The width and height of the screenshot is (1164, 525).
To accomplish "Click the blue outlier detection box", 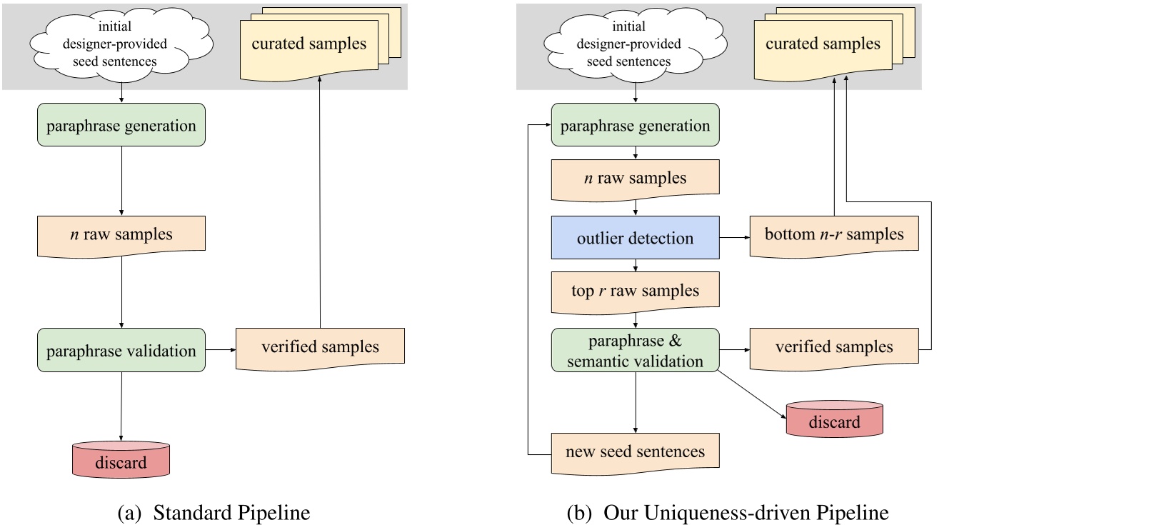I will pos(635,238).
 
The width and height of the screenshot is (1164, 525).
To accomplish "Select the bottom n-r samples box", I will pos(833,235).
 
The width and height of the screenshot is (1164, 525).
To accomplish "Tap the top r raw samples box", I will pos(635,291).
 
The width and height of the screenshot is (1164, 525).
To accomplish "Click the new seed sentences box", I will pos(635,451).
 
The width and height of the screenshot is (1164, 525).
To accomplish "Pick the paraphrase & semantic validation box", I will pos(635,351).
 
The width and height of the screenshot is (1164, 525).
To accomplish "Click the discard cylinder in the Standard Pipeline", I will pos(121,461).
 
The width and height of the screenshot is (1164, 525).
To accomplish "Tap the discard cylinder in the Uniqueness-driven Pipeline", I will pos(834,420).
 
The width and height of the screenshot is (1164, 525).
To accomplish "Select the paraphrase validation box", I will pos(121,351).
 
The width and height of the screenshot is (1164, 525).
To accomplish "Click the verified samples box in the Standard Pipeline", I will pos(320,347).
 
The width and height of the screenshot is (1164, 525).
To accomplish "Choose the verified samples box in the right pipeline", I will pos(833,347).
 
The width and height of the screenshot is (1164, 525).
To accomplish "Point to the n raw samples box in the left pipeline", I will pos(121,234).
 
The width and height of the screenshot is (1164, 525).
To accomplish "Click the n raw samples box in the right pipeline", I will pos(635,178).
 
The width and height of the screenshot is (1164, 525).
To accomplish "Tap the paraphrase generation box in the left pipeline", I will pos(121,126).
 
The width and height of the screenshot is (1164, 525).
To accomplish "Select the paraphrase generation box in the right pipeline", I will pos(635,126).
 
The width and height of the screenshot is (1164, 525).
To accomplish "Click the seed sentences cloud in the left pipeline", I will pos(116,44).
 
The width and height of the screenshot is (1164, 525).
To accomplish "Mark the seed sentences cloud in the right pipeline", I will pos(629,44).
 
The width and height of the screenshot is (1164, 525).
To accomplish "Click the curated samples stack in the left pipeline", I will pos(309,44).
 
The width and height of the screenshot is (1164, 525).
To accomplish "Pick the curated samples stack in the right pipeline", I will pos(823,44).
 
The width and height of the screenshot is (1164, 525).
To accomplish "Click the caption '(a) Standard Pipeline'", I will pos(214,513).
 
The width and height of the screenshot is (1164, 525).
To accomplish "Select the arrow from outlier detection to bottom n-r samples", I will pos(734,237).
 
